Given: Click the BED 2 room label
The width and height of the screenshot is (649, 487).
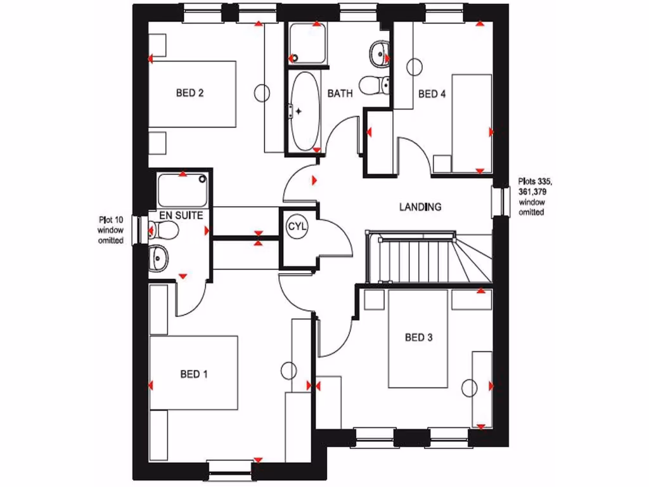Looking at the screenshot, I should (x=190, y=93).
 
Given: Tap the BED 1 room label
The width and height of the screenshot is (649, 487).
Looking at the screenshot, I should (x=194, y=374).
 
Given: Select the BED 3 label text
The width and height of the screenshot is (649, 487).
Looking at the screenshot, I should (x=418, y=337).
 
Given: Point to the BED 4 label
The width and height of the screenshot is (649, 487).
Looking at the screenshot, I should (x=432, y=94).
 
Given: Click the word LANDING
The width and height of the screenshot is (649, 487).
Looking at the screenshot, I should (x=420, y=207).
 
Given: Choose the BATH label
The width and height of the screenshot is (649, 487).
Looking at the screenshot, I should (x=340, y=94).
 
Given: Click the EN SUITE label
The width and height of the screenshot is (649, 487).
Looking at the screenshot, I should (x=181, y=216).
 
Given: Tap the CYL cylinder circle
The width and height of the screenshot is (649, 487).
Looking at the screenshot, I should (x=297, y=226).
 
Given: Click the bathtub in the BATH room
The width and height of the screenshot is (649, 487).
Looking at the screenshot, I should (x=304, y=111).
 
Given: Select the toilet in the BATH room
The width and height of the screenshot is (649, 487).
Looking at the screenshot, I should (x=374, y=84).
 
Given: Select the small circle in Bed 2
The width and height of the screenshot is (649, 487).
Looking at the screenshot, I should (x=262, y=93).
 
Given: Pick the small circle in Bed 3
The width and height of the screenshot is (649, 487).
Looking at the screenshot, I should (x=470, y=387).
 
